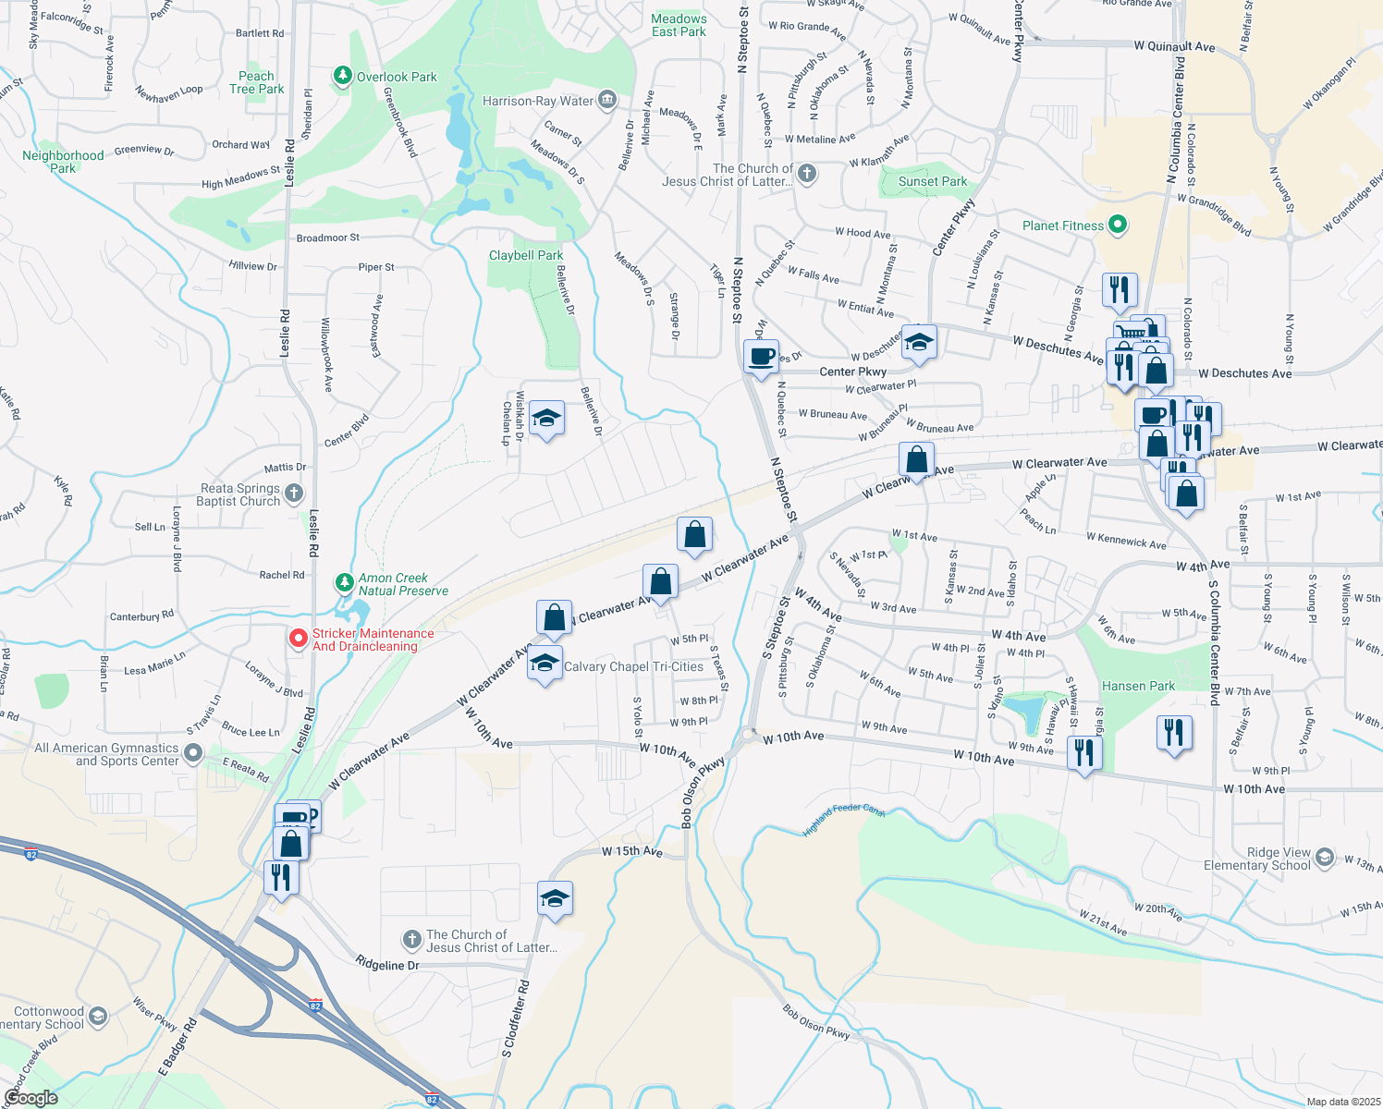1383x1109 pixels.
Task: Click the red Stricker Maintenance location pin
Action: pyautogui.click(x=298, y=639)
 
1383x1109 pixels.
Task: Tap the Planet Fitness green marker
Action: pyautogui.click(x=1117, y=225)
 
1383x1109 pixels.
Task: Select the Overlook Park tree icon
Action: pyautogui.click(x=343, y=76)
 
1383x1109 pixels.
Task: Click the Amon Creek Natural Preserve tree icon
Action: pyautogui.click(x=344, y=583)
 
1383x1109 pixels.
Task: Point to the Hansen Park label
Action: pyautogui.click(x=1138, y=686)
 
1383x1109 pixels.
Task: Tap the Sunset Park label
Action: pyautogui.click(x=932, y=182)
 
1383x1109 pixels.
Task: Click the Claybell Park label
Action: pyautogui.click(x=526, y=255)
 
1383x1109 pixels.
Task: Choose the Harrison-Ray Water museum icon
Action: pyautogui.click(x=607, y=100)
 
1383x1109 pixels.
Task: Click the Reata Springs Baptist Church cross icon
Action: pyautogui.click(x=294, y=494)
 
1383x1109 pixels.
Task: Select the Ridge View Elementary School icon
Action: pyautogui.click(x=1324, y=859)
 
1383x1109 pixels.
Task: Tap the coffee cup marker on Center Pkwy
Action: pyautogui.click(x=761, y=357)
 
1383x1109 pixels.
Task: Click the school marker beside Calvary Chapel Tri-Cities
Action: pyautogui.click(x=545, y=664)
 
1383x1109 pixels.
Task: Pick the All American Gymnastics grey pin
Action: pyautogui.click(x=192, y=754)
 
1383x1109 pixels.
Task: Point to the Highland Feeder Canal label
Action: pyautogui.click(x=843, y=819)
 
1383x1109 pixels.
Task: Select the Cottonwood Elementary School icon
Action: pyautogui.click(x=97, y=1018)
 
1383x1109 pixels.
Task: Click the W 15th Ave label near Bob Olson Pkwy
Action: pyautogui.click(x=632, y=851)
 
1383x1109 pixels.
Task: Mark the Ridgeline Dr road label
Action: pyautogui.click(x=387, y=965)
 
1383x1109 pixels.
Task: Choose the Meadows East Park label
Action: pyautogui.click(x=679, y=25)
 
